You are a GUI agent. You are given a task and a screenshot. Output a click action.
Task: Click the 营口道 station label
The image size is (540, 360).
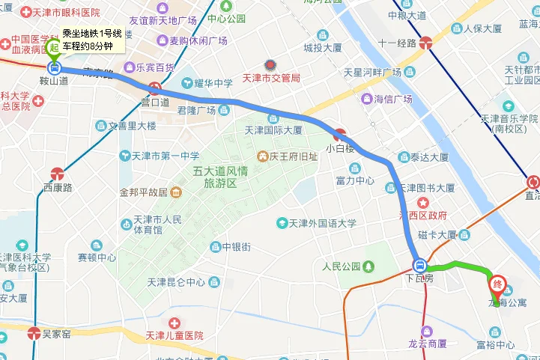pyautogui.click(x=154, y=102)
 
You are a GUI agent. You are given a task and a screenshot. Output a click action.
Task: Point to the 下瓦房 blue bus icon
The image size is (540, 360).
pyautogui.click(x=420, y=265)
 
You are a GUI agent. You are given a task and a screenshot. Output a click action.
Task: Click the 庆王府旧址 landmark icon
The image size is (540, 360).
pyautogui.click(x=263, y=156)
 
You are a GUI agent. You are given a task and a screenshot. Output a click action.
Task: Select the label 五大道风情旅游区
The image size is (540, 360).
pyautogui.click(x=222, y=177)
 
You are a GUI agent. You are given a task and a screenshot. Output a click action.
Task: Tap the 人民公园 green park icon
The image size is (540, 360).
pyautogui.click(x=368, y=266)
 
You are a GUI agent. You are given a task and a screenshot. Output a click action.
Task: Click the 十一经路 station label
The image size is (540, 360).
pyautogui.click(x=396, y=43)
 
